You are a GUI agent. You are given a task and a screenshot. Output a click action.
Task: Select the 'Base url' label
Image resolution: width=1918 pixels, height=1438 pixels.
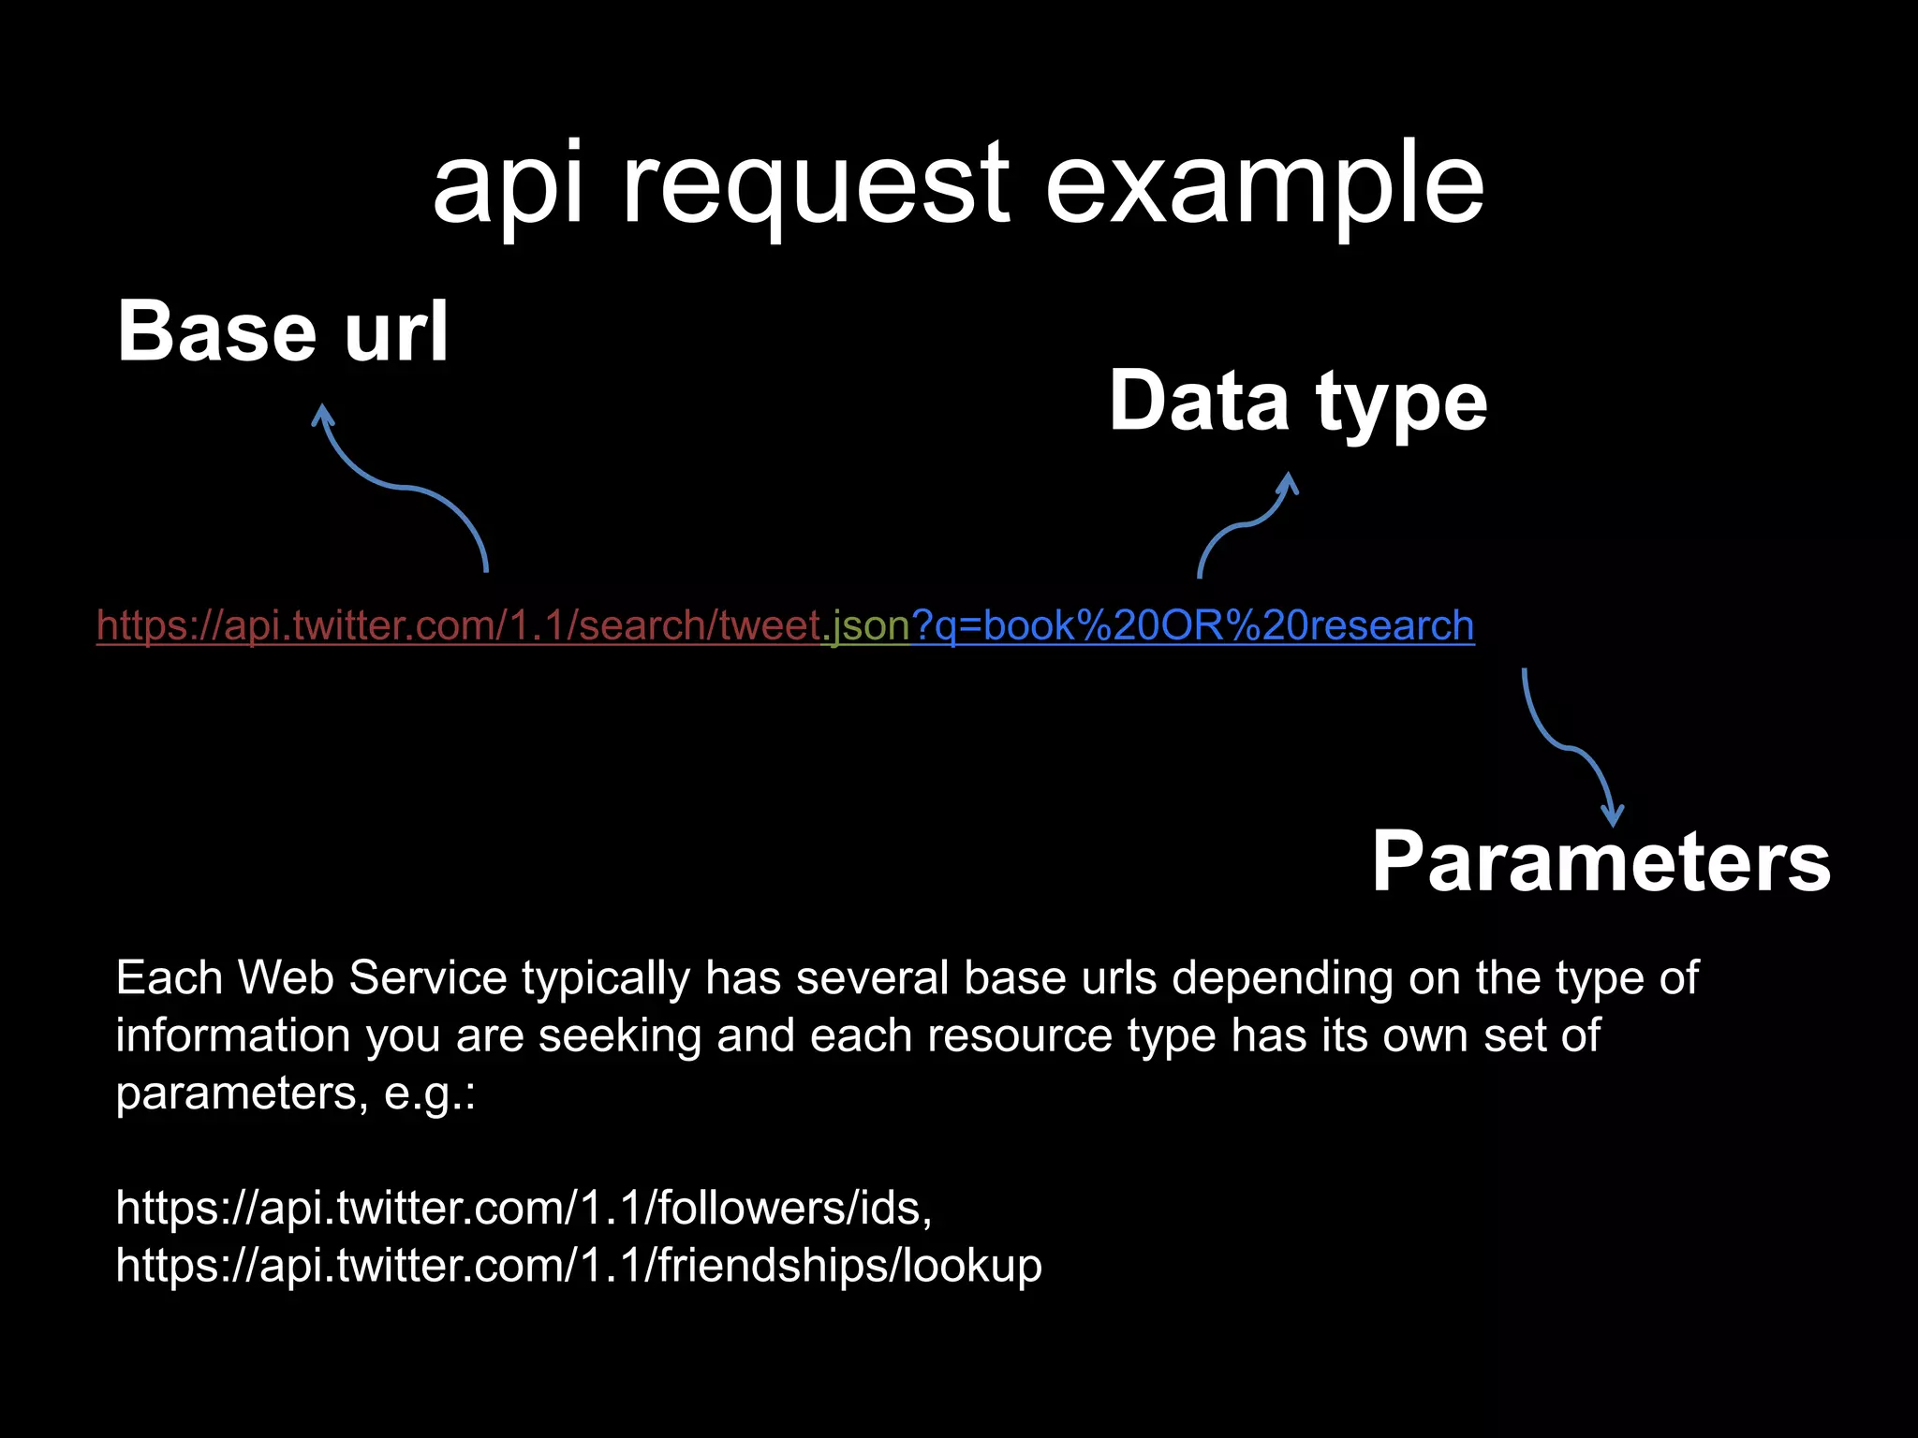283,331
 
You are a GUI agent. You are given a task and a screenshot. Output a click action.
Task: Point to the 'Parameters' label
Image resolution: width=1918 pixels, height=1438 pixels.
1601,862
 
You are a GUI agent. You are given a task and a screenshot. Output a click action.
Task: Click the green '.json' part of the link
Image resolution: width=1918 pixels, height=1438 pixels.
866,625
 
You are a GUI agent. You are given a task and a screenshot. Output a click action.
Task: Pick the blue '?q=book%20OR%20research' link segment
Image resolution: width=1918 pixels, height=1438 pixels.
1192,625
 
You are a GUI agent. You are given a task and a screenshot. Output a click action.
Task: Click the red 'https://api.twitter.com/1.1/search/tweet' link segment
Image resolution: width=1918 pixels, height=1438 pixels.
459,625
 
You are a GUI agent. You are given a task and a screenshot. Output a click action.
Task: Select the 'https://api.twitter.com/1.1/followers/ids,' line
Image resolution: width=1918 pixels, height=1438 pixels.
524,1208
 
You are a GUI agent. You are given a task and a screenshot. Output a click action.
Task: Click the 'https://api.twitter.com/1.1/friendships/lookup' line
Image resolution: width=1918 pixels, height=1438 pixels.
578,1266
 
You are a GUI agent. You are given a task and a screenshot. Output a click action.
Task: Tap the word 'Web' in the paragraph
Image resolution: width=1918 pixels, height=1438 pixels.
286,978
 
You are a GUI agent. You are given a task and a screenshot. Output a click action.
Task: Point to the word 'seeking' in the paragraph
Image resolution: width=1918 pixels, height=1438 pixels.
619,1036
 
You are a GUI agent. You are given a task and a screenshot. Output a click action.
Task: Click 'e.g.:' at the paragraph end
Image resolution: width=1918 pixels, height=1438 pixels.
430,1093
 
